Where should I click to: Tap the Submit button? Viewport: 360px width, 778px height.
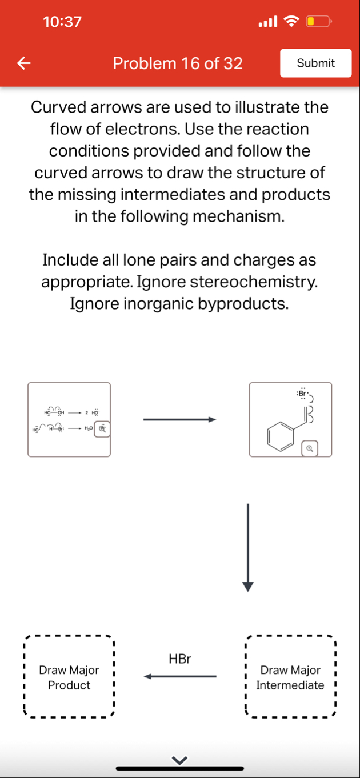pos(315,63)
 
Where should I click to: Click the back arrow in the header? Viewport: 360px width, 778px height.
pos(23,63)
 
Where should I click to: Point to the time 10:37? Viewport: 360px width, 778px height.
pos(62,22)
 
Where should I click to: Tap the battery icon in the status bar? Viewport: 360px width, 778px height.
pos(318,22)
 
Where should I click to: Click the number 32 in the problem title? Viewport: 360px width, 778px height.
pos(233,63)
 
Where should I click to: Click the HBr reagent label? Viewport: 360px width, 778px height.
pos(180,659)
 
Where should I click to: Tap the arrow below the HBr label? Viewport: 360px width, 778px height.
pos(180,677)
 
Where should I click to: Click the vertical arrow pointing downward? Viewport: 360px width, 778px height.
pos(247,548)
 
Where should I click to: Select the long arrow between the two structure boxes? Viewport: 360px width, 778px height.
pos(179,420)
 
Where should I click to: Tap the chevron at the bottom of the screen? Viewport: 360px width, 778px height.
pos(180,760)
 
